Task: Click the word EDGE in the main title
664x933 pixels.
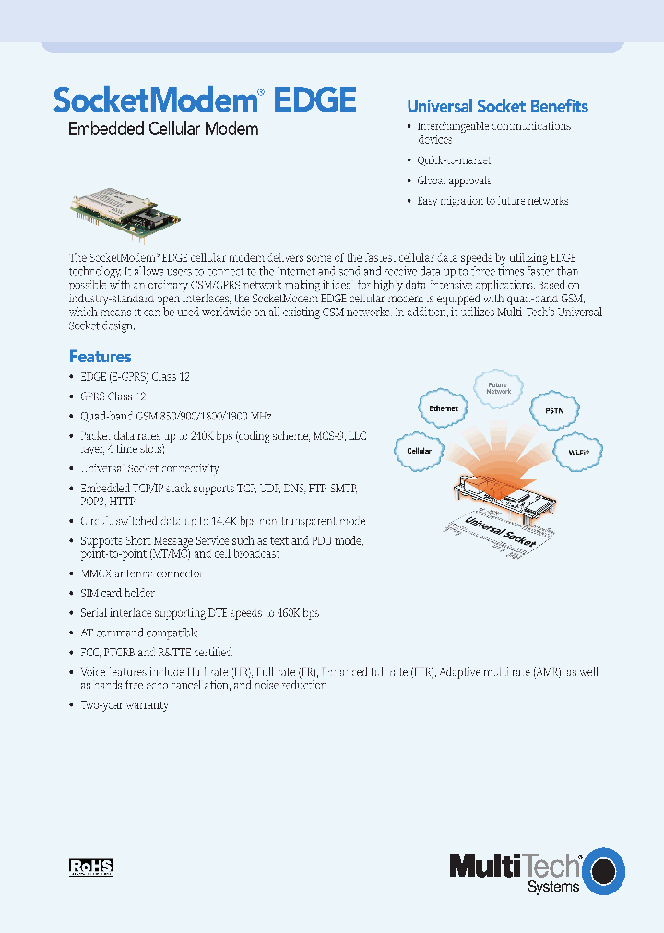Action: (314, 99)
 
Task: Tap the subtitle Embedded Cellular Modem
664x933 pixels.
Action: (163, 129)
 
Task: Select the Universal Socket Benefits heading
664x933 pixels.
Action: (497, 106)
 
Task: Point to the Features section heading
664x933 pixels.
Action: (100, 356)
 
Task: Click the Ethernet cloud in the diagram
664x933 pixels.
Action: (444, 408)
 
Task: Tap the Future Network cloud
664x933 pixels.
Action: (498, 388)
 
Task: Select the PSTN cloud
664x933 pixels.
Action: (554, 410)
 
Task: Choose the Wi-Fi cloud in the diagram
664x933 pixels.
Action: (577, 451)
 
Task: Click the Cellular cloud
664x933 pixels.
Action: (420, 452)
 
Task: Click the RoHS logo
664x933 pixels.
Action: (91, 867)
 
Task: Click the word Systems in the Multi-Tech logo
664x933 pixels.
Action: (552, 887)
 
